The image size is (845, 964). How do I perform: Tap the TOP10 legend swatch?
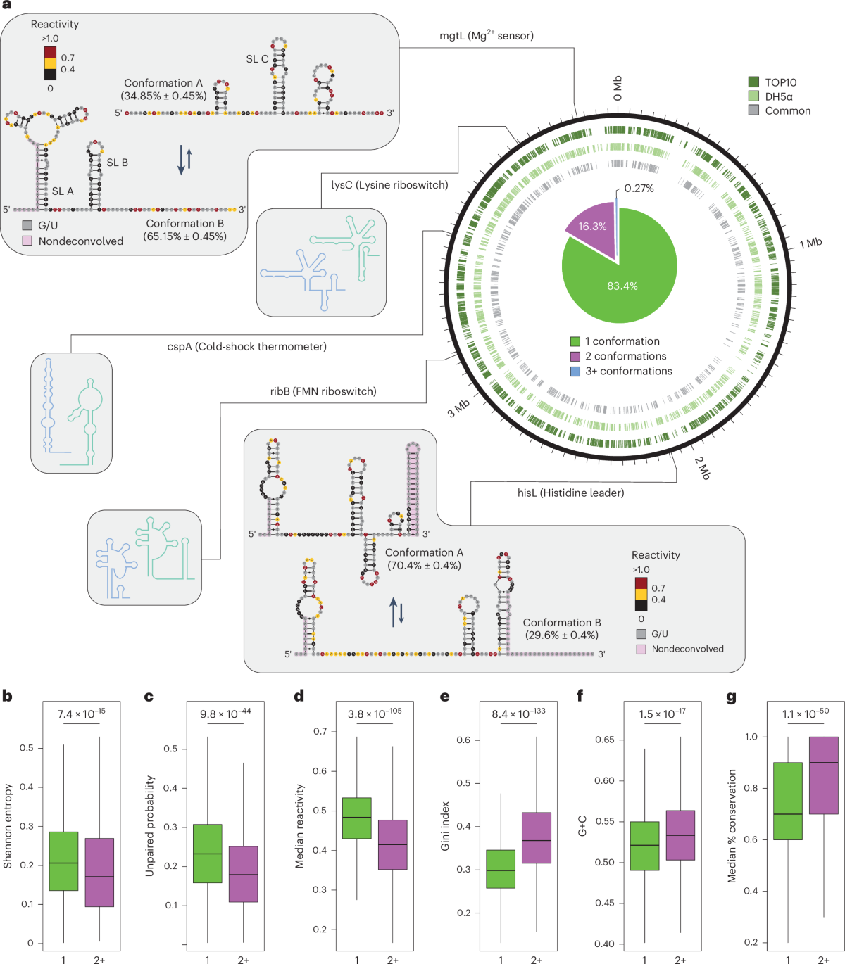coord(753,82)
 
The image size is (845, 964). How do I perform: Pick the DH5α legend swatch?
coord(753,96)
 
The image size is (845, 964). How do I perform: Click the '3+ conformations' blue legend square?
coord(575,372)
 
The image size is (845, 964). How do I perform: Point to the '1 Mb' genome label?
coord(810,243)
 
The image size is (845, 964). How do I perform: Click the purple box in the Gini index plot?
coord(537,837)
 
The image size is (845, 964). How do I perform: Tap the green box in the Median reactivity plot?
coord(356,818)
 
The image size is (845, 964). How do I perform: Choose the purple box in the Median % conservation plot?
coord(824,774)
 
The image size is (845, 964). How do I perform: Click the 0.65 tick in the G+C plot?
coord(604,740)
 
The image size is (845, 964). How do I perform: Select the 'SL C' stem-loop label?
coord(256,59)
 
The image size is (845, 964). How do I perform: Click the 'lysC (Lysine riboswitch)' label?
coord(389,185)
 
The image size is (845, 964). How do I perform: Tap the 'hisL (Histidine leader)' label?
coord(570,493)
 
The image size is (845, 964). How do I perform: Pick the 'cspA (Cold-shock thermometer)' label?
coord(246,346)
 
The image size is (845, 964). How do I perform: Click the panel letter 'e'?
coord(444,697)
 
